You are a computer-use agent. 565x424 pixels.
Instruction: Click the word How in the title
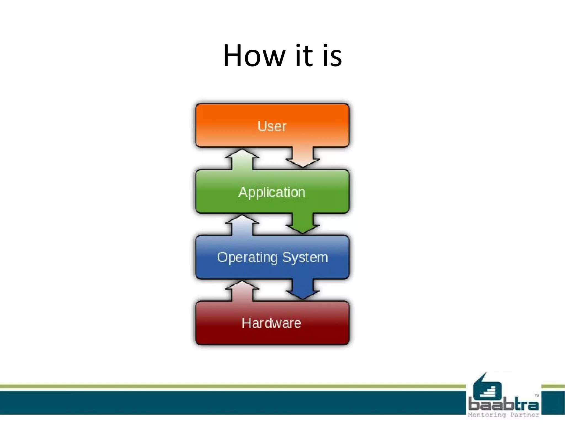tap(254, 56)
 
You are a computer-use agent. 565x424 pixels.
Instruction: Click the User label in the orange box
tap(272, 126)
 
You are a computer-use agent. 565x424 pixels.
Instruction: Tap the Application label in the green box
tap(272, 192)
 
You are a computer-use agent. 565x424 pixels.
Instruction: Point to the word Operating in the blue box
tap(247, 258)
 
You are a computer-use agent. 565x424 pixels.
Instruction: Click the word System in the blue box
tap(305, 258)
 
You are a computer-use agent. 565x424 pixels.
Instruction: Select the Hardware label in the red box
tap(271, 323)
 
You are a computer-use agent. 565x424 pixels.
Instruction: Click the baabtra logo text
tap(503, 404)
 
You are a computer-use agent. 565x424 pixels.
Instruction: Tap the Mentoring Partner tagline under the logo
tap(503, 415)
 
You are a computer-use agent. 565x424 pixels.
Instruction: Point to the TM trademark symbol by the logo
tap(537, 396)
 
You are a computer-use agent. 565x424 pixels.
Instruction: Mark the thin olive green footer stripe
tap(221, 386)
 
